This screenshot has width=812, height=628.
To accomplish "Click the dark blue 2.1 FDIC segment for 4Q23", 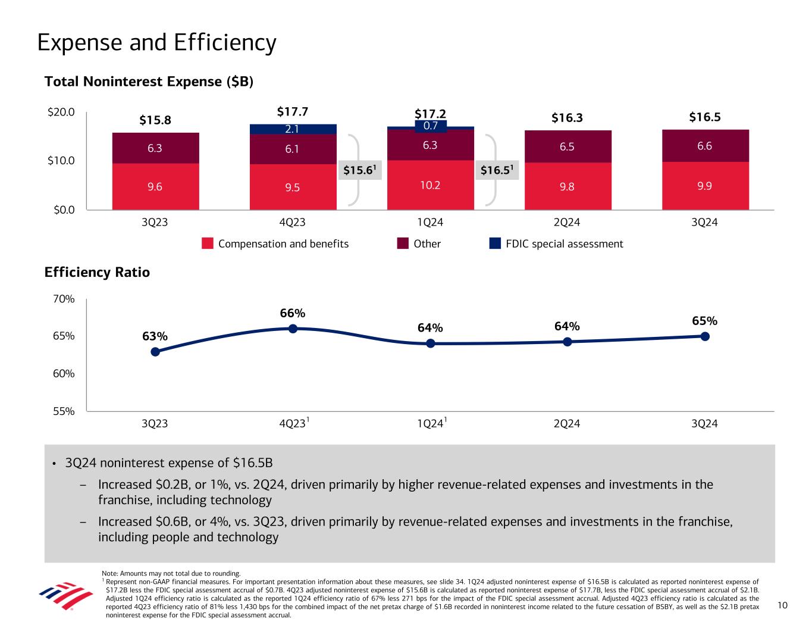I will [293, 129].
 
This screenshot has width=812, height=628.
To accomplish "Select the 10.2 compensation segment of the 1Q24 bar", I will [430, 185].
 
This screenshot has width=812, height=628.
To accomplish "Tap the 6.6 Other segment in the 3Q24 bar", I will [705, 146].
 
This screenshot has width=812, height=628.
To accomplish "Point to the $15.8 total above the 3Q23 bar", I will [155, 120].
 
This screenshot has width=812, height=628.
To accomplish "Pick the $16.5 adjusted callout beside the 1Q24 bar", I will [499, 171].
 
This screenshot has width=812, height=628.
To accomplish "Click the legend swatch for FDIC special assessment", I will [495, 243].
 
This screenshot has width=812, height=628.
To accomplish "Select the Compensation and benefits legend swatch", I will [208, 243].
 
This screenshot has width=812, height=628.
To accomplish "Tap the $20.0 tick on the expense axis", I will [62, 112].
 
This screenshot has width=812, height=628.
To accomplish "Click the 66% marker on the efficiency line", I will [293, 329].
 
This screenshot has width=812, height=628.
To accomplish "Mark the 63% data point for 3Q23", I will [155, 352].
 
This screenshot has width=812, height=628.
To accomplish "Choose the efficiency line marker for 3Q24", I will [705, 336].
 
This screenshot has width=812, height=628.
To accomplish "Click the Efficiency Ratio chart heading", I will [97, 273].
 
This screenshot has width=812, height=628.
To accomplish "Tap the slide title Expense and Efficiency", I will [156, 43].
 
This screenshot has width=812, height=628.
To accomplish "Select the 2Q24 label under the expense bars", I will [567, 223].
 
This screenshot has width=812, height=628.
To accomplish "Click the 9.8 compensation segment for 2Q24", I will [568, 186].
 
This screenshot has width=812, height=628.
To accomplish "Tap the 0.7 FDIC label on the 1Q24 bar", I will [430, 126].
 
